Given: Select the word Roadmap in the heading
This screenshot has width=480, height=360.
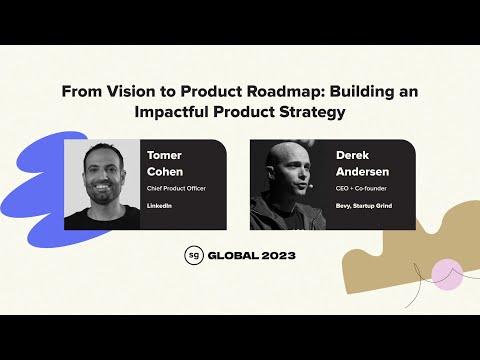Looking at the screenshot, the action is (286, 91).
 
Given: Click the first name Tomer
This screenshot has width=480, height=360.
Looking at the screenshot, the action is (164, 155).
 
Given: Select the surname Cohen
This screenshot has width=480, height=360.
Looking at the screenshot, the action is (165, 172).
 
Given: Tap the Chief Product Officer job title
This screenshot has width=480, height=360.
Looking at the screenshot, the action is (176, 188).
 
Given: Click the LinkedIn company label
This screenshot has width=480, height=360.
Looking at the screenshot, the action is (159, 206).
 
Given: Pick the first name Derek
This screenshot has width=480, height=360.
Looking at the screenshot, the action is (352, 155).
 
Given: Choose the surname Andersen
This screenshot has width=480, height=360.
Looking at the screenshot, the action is (362, 172).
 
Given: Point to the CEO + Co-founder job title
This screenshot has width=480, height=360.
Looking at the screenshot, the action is (361, 188).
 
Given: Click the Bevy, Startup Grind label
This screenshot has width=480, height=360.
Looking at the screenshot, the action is (364, 206).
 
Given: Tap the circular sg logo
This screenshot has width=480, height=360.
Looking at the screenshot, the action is (193, 255).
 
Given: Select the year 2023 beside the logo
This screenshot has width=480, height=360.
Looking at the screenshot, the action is (278, 256).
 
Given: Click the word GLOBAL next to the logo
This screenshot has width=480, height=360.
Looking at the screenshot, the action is (233, 256).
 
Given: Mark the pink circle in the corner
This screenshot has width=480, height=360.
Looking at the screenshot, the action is (447, 274).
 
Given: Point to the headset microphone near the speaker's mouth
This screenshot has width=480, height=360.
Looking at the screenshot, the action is (310, 186).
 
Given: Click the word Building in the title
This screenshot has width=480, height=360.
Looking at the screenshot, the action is (362, 91).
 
